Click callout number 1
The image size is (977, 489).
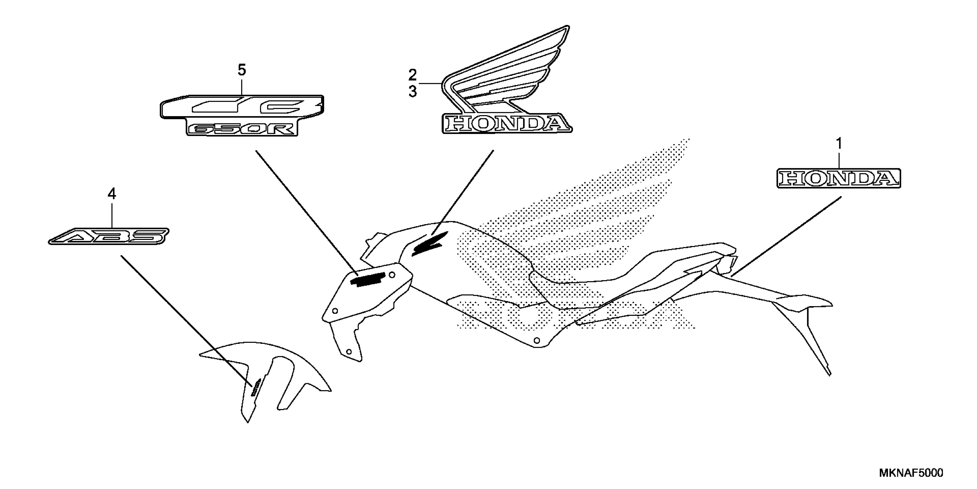[839, 144]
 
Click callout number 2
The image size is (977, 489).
[412, 75]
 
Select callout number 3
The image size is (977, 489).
[412, 92]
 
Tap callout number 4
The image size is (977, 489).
[111, 194]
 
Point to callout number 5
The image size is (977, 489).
[242, 70]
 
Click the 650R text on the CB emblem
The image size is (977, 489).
[242, 129]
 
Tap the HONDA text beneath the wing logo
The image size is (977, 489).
[507, 124]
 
